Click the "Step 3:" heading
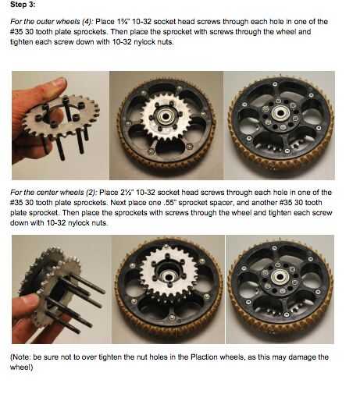click(23, 5)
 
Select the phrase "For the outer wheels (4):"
click(52, 22)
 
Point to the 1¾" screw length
click(123, 21)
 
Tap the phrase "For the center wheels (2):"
click(54, 193)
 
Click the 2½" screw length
click(127, 193)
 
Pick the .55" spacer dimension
click(169, 203)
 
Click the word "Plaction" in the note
click(204, 357)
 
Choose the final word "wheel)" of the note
click(22, 367)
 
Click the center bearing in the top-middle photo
click(165, 116)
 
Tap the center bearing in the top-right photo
click(280, 113)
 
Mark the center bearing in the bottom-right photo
click(279, 277)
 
